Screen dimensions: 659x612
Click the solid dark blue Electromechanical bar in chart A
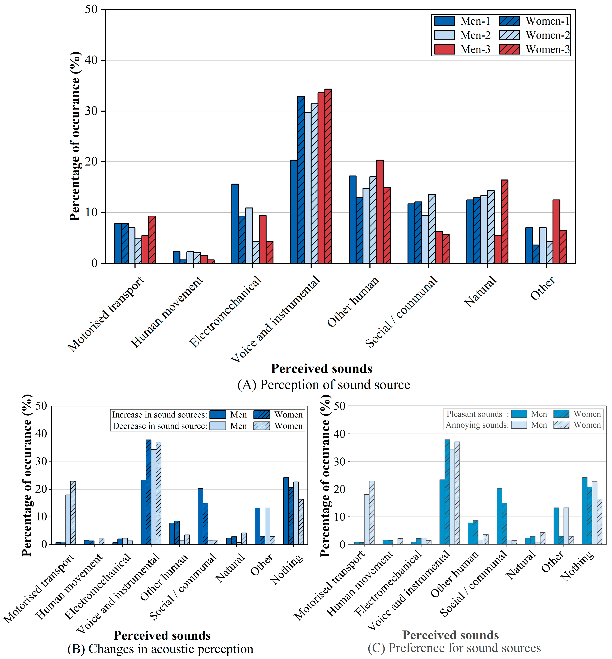(x=235, y=223)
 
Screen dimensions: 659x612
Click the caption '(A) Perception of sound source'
(x=324, y=385)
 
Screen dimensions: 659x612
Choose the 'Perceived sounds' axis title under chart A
(x=322, y=368)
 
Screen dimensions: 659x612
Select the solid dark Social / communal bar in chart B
(x=200, y=516)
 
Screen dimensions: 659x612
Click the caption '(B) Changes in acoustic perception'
(x=160, y=649)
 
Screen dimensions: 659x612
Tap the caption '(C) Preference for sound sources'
(x=454, y=648)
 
